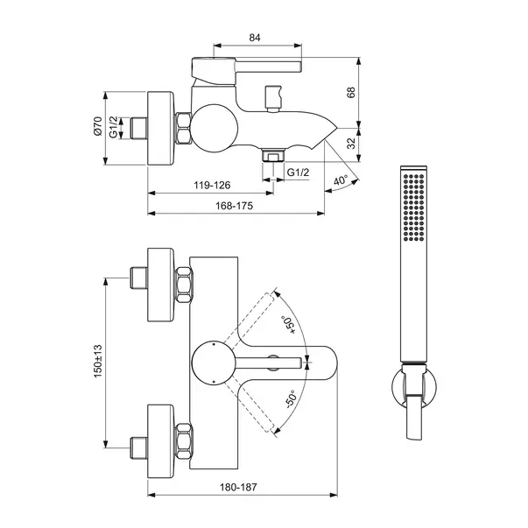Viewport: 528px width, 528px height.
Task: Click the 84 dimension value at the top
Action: coord(255,38)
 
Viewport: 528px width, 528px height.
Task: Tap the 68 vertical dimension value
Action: coord(351,92)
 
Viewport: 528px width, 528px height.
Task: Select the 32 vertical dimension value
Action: coord(351,144)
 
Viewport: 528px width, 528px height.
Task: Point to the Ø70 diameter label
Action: coord(98,126)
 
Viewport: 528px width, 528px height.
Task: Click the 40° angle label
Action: coord(341,180)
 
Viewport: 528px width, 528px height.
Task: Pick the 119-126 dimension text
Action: coord(212,185)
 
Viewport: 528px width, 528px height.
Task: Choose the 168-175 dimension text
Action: coord(235,206)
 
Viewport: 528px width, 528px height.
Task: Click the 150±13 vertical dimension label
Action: coord(98,361)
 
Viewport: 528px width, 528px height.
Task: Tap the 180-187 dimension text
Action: coord(238,487)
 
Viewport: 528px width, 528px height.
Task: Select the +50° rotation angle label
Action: coord(289,325)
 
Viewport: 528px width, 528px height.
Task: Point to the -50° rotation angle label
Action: coord(290,399)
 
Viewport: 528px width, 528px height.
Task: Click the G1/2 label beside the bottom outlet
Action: coord(298,172)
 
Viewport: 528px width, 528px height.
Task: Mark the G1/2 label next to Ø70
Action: coord(114,127)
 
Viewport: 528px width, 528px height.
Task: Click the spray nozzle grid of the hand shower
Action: coord(413,208)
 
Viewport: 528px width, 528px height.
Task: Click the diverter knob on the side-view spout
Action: coord(272,98)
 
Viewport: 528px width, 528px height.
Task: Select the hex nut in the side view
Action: coord(183,129)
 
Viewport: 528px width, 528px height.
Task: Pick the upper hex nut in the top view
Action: coord(184,285)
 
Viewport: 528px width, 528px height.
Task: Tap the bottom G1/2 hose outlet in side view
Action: coord(273,156)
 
